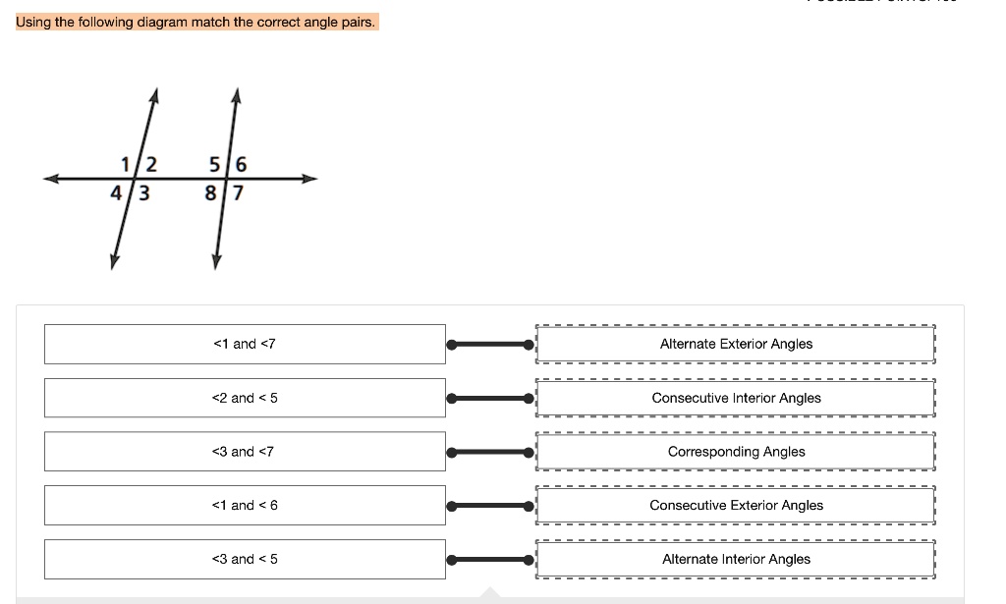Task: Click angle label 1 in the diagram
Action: pyautogui.click(x=124, y=163)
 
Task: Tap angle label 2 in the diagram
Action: pyautogui.click(x=150, y=163)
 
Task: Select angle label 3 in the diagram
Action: pyautogui.click(x=143, y=193)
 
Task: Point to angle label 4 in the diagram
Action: pyautogui.click(x=116, y=193)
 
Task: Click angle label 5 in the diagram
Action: pyautogui.click(x=215, y=163)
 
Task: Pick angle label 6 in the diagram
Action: pyautogui.click(x=242, y=163)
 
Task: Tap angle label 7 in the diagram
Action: pyautogui.click(x=237, y=193)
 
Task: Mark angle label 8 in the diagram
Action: pyautogui.click(x=210, y=193)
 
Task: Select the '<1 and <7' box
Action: pyautogui.click(x=245, y=344)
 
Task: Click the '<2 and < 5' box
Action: pyautogui.click(x=245, y=398)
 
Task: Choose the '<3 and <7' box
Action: pyautogui.click(x=245, y=452)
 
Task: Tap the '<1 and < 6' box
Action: pyautogui.click(x=245, y=505)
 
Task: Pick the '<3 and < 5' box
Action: pyautogui.click(x=245, y=559)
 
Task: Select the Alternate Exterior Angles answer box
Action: pyautogui.click(x=736, y=344)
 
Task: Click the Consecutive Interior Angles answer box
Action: pyautogui.click(x=736, y=398)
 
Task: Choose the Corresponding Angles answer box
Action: pyautogui.click(x=736, y=452)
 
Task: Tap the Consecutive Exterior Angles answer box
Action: pyautogui.click(x=736, y=505)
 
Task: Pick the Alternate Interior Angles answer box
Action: pyautogui.click(x=736, y=559)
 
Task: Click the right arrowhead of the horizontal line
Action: pyautogui.click(x=311, y=179)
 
